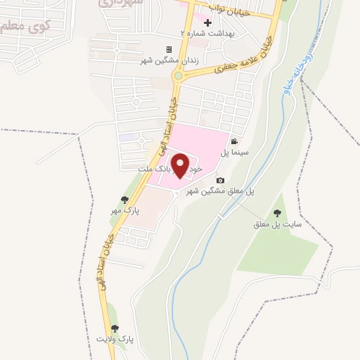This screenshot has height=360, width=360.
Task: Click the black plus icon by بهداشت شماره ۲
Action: click(207, 22)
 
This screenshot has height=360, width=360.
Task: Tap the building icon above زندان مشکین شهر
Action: click(169, 49)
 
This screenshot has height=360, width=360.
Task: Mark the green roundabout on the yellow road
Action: click(179, 75)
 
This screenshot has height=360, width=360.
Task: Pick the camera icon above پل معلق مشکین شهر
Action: click(220, 181)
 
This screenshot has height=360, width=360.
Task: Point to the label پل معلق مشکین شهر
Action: click(219, 191)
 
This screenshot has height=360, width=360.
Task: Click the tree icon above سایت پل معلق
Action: click(277, 213)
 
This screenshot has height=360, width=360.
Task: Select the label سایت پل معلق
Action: click(278, 225)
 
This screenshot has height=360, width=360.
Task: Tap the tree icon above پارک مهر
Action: click(125, 200)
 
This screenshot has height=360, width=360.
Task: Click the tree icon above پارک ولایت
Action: click(115, 328)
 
